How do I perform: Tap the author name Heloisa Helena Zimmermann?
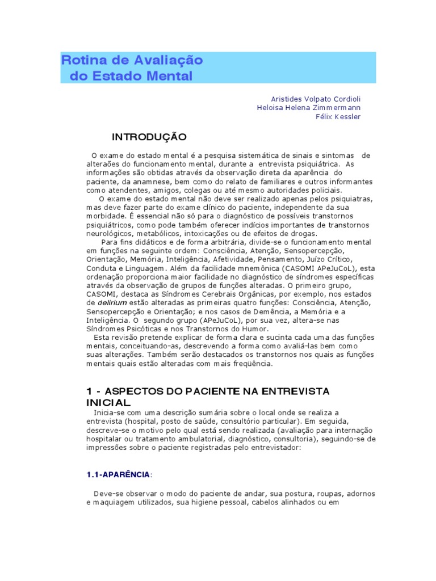click(309, 107)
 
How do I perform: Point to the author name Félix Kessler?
click(338, 117)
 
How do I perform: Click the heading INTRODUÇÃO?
click(149, 137)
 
